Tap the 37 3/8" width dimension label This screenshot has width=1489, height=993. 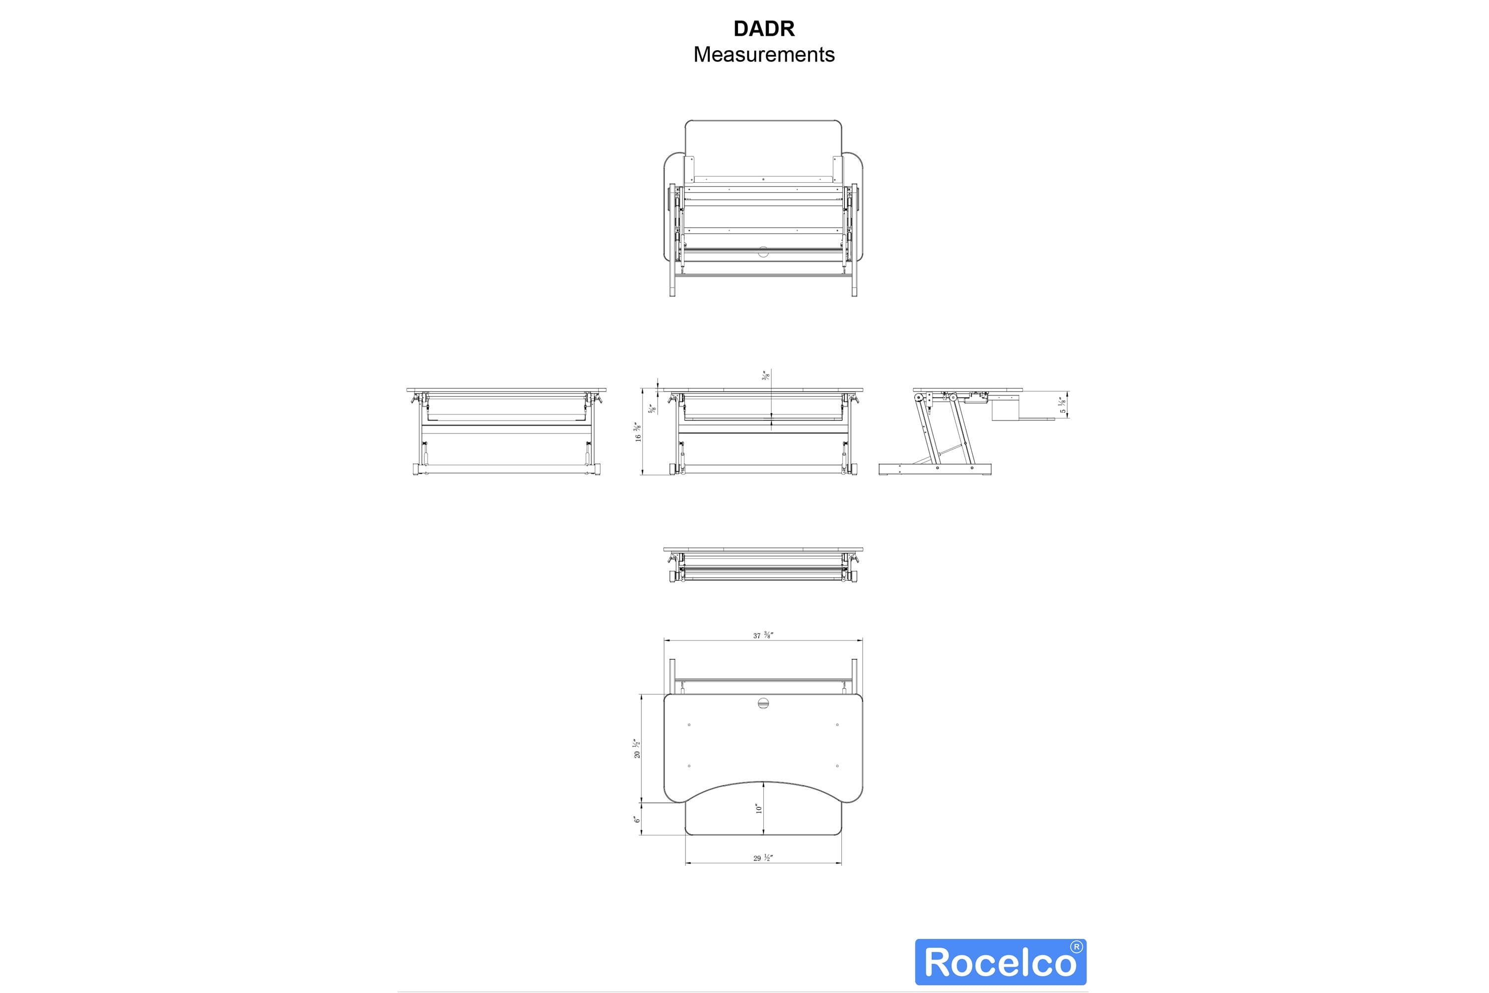(x=763, y=635)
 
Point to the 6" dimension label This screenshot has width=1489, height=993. (x=637, y=819)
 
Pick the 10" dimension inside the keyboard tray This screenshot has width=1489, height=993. (x=758, y=808)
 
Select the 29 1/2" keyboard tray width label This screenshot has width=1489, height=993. (x=763, y=857)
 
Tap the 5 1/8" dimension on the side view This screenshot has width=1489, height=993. (x=1063, y=405)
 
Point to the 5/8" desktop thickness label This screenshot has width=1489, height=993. (x=651, y=409)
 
